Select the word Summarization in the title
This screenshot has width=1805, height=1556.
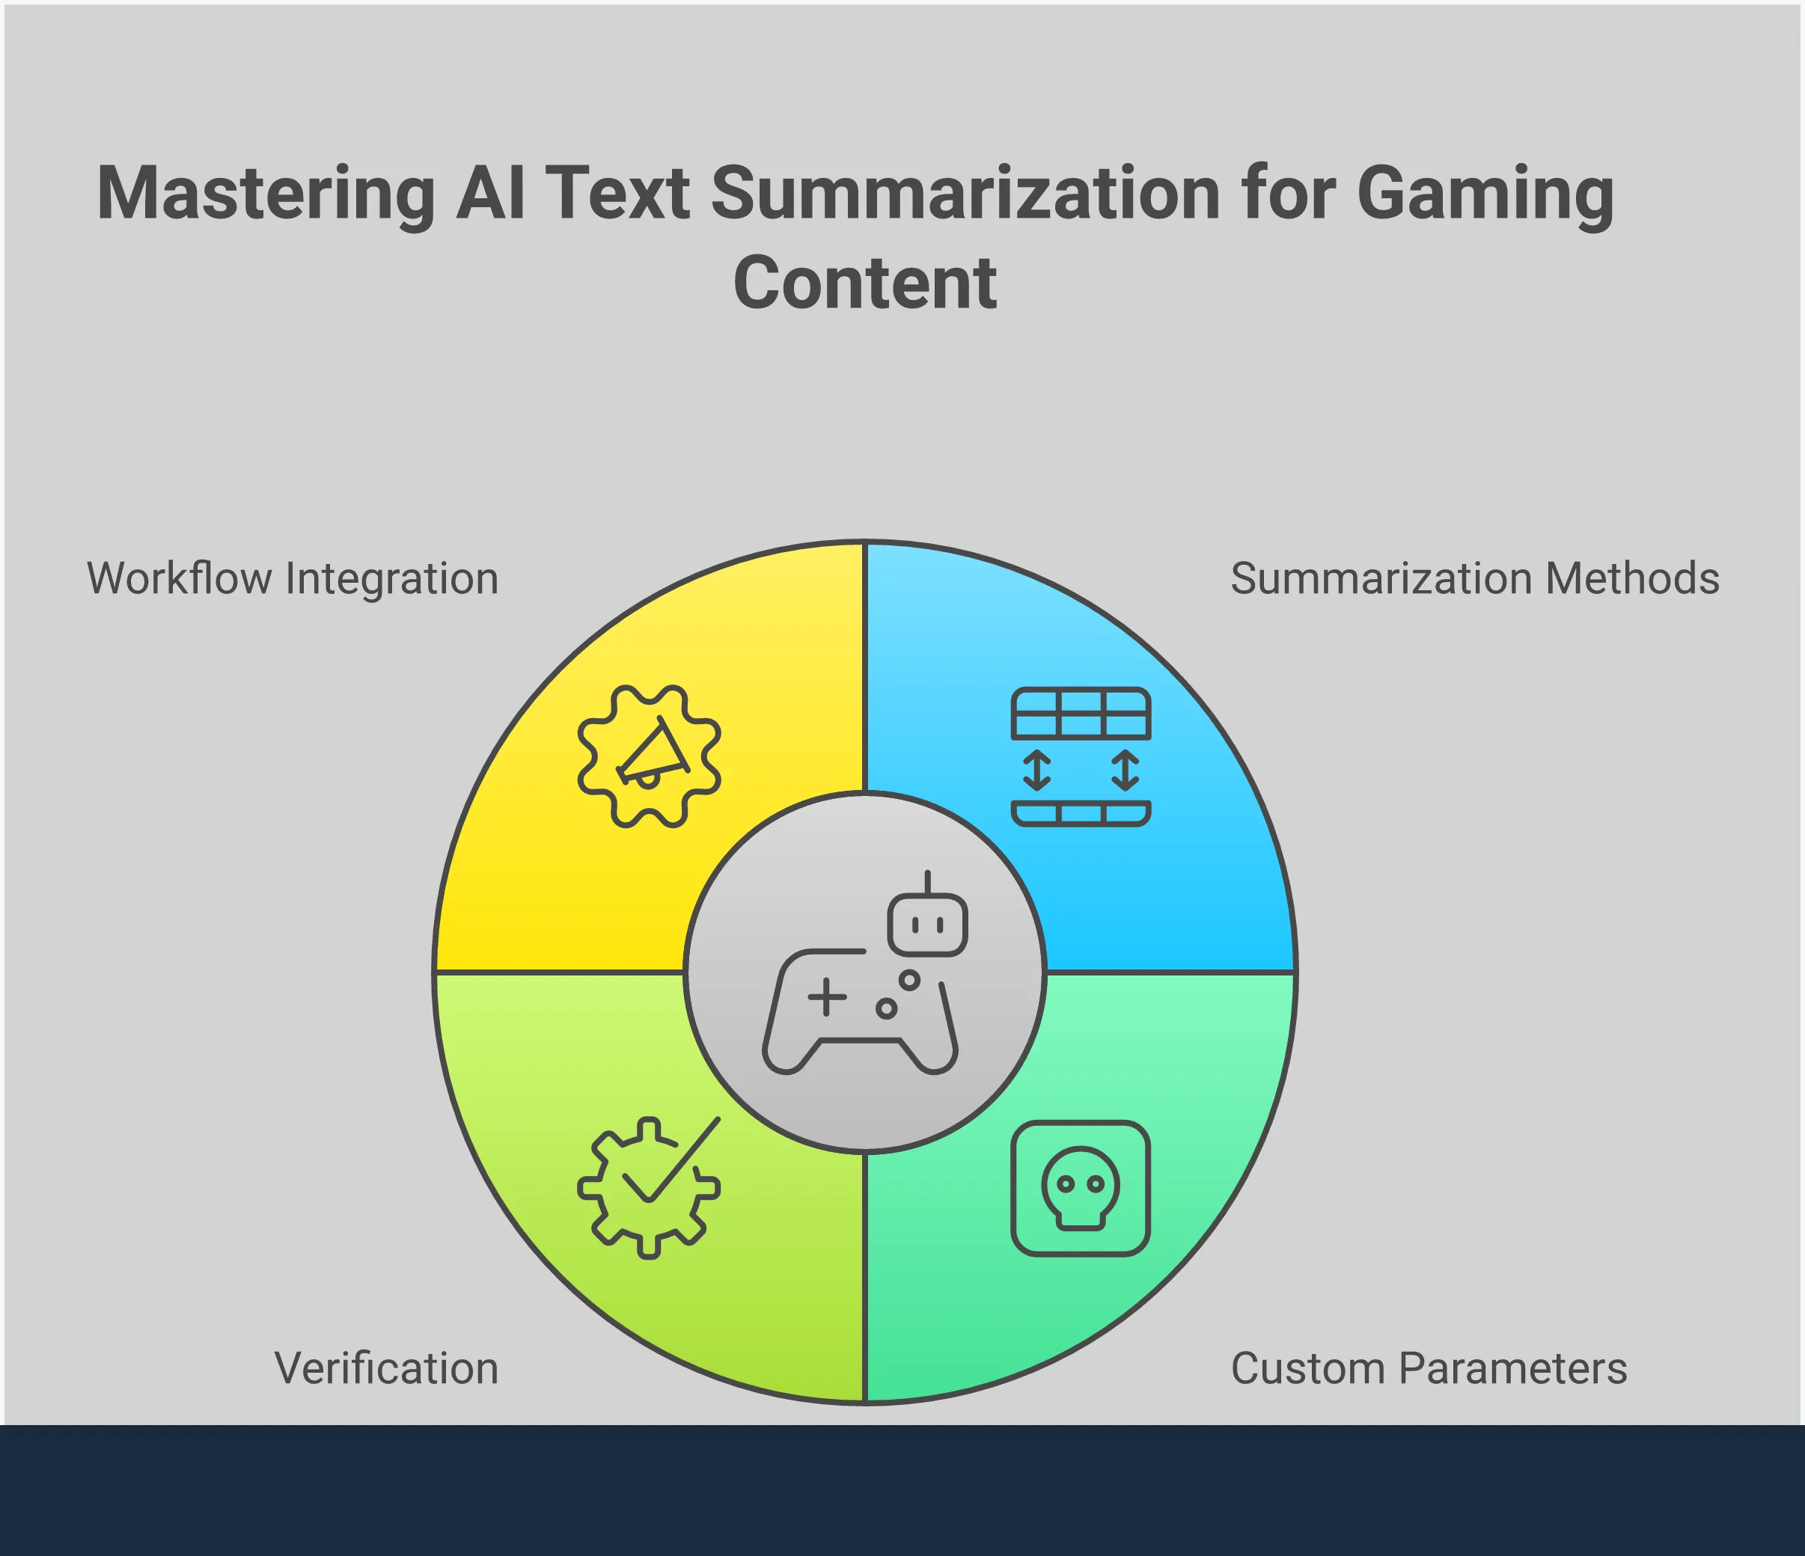966,192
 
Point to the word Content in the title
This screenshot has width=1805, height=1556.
865,282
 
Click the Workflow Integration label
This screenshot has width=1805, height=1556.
293,578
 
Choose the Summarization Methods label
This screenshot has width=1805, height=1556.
1475,578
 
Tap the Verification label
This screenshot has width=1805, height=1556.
386,1368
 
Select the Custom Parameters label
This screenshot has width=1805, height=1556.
1429,1368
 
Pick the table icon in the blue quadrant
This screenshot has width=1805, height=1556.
1081,756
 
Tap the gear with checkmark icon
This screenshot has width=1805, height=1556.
649,1186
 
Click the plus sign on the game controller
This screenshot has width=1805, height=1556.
827,997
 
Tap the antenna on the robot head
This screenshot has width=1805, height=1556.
928,882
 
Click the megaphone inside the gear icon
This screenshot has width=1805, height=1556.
653,753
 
